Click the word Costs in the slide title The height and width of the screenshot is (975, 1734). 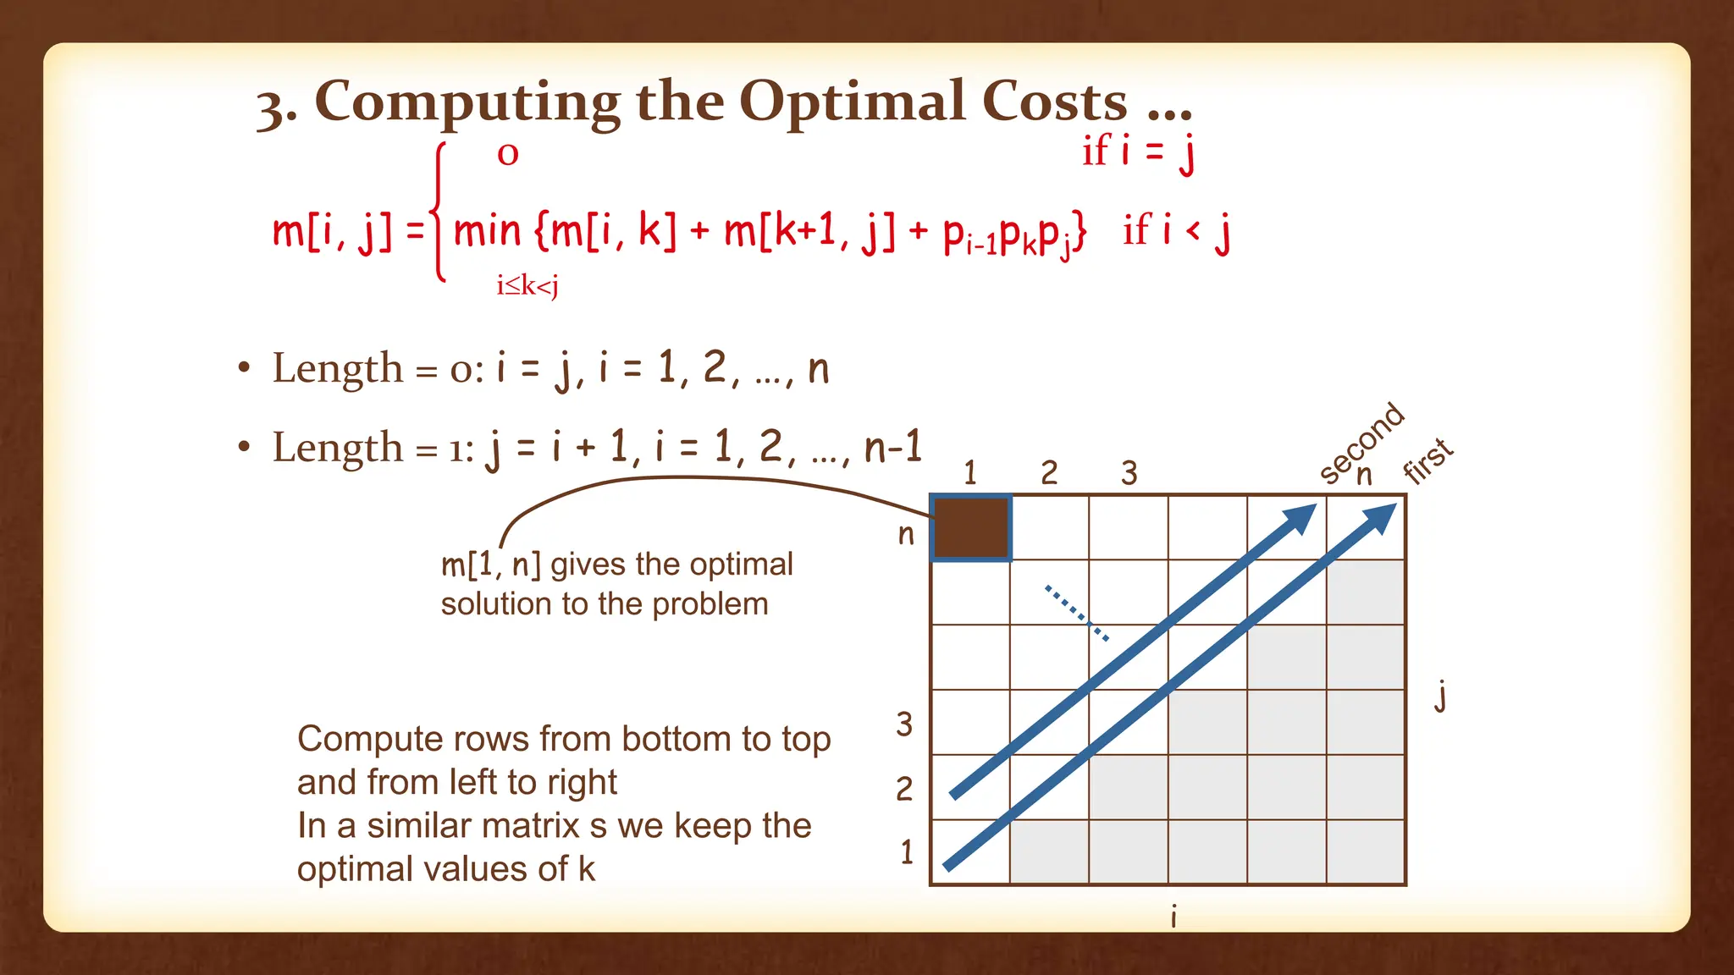pyautogui.click(x=1054, y=102)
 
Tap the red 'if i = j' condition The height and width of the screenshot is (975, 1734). pyautogui.click(x=1138, y=152)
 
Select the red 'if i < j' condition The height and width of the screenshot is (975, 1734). pyautogui.click(x=1176, y=230)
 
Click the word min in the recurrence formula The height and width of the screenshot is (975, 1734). pyautogui.click(x=487, y=230)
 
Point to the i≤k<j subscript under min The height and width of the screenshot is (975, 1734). pyautogui.click(x=527, y=286)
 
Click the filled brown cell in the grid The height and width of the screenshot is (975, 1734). pyautogui.click(x=970, y=528)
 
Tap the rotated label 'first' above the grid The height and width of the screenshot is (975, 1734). pyautogui.click(x=1428, y=461)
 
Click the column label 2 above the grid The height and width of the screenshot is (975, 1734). pyautogui.click(x=1049, y=473)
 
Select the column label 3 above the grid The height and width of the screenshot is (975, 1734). pyautogui.click(x=1129, y=473)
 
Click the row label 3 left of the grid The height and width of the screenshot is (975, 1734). pyautogui.click(x=904, y=724)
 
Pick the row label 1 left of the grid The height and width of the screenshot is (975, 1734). pyautogui.click(x=907, y=852)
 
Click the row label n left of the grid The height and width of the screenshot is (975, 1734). pyautogui.click(x=906, y=535)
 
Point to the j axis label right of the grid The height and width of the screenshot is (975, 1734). pyautogui.click(x=1440, y=697)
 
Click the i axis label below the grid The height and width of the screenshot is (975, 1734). pyautogui.click(x=1173, y=917)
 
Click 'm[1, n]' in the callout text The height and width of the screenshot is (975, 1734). pyautogui.click(x=491, y=565)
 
